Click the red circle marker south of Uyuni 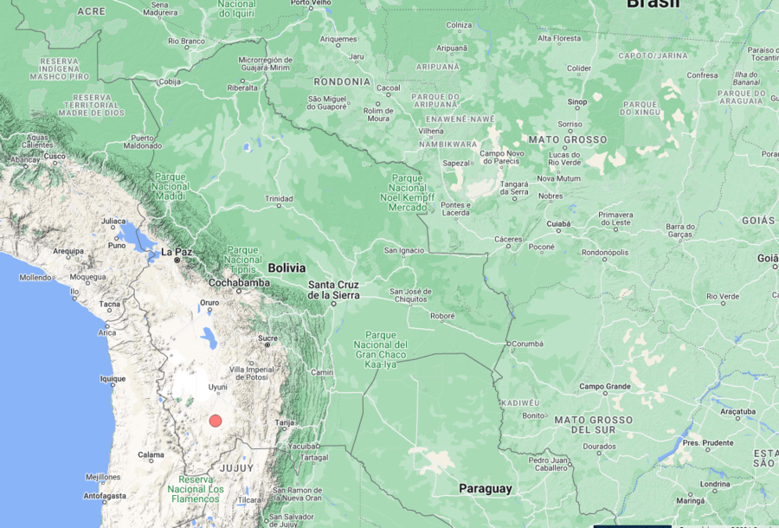coord(216,421)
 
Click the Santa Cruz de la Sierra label coord(334,290)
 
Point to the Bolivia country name coord(287,267)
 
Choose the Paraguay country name coord(485,488)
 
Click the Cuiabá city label coord(559,223)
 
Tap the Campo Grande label coord(605,386)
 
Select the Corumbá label coord(526,344)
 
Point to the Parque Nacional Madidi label coord(171,185)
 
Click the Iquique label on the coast coord(113,378)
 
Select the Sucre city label coord(267,338)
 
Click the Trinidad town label coord(279,198)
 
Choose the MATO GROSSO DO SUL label coord(593,425)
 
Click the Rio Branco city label coord(186,41)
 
